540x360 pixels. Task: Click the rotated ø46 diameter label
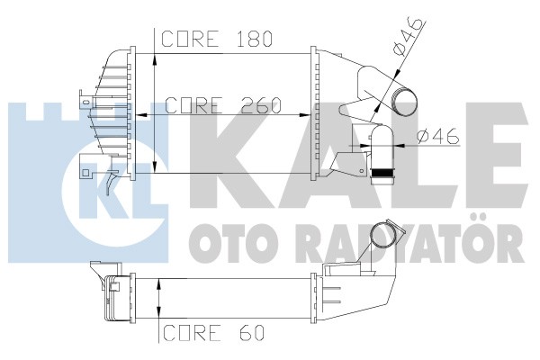[x=409, y=37]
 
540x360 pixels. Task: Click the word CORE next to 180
[x=190, y=39]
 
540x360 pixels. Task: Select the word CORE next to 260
[x=193, y=105]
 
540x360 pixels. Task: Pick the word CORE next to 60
[x=192, y=332]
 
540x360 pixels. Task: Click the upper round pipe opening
[x=403, y=102]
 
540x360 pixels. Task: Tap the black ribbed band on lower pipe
[x=383, y=173]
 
